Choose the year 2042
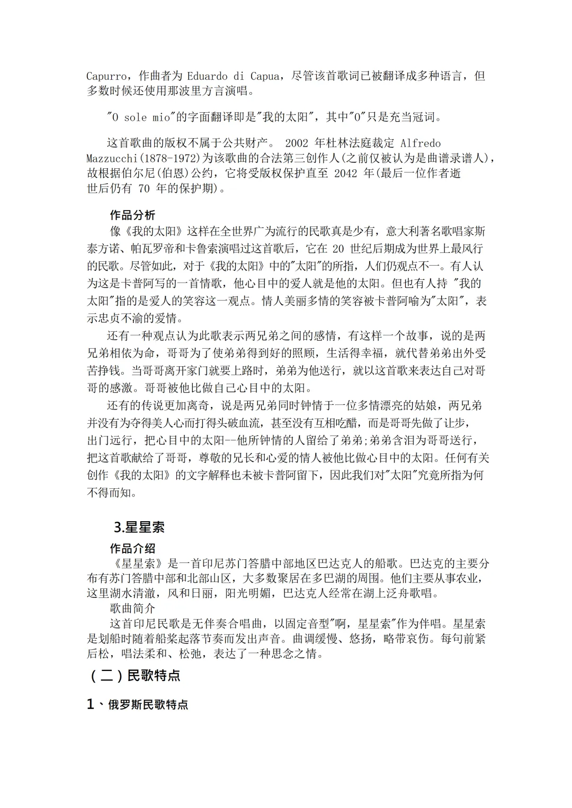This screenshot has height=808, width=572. point(348,173)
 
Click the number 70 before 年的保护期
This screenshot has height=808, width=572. point(144,188)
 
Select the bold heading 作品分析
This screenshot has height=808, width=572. point(132,215)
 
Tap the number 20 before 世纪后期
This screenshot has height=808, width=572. point(338,248)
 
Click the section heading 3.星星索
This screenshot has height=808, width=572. point(139,527)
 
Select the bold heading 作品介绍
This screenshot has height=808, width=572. point(132,548)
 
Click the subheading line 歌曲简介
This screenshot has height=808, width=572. point(132,609)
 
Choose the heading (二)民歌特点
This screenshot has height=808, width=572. point(135,676)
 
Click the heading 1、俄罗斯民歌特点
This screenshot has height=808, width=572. point(138,705)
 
